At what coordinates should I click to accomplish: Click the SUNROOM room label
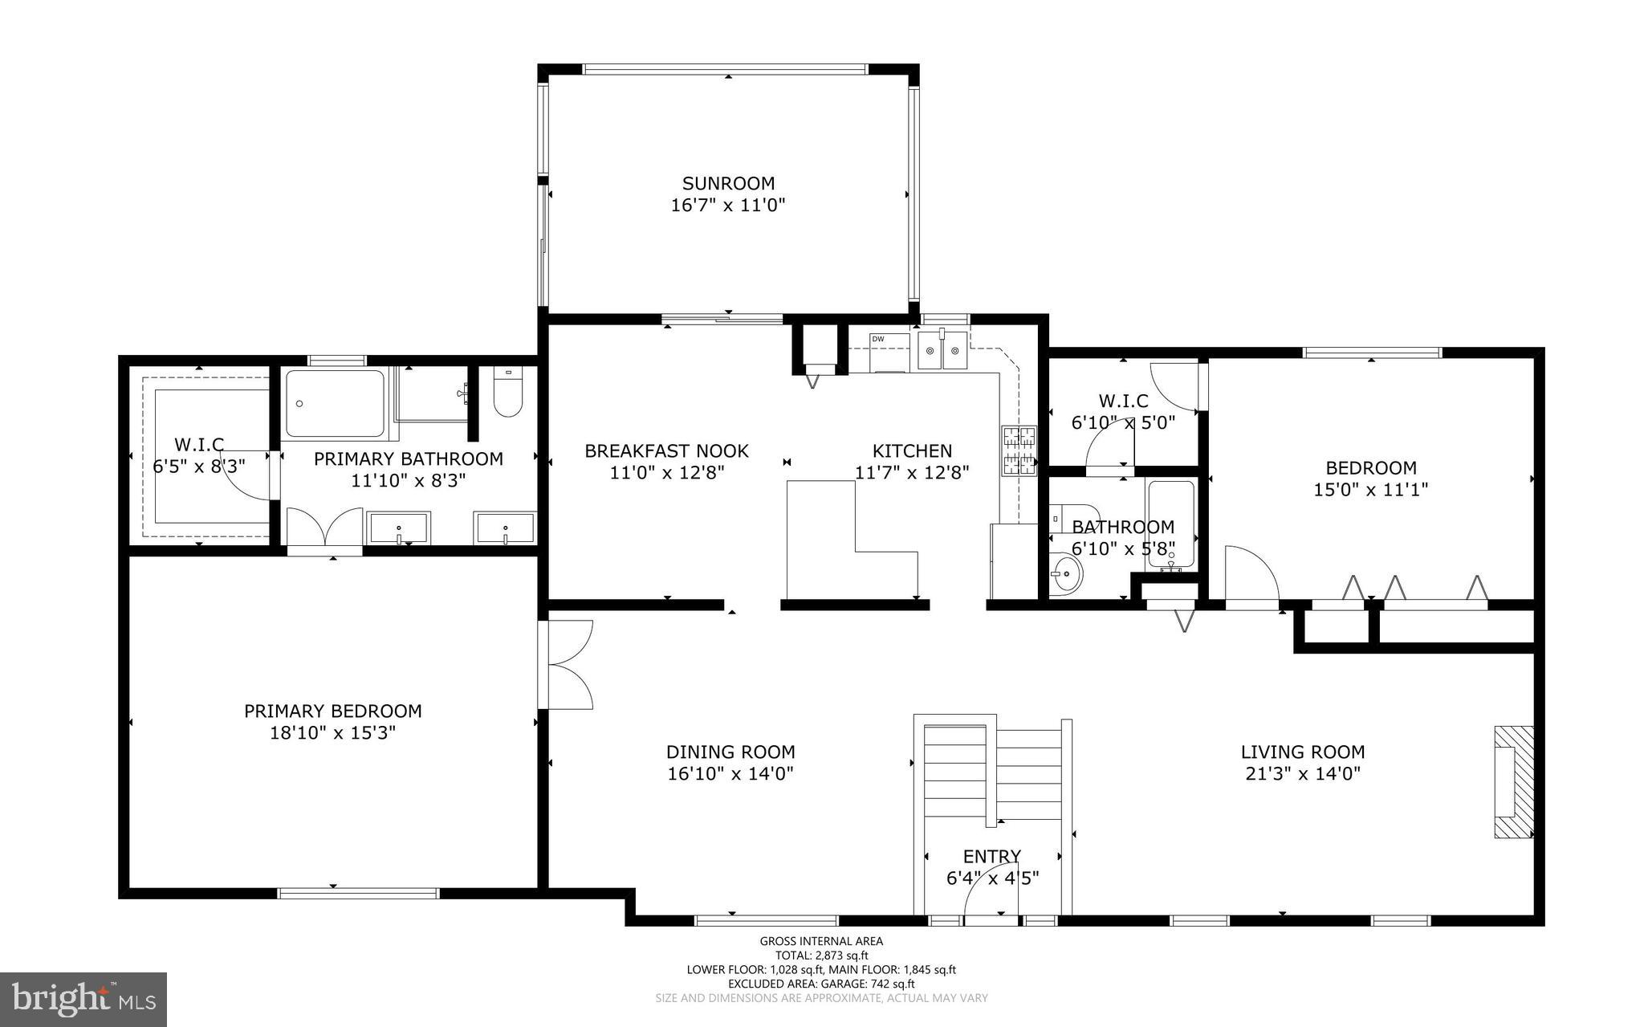click(728, 183)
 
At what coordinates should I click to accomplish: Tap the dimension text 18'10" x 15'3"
click(333, 732)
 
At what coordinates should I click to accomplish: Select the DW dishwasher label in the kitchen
click(878, 339)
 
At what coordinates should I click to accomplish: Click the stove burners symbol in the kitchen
click(1019, 451)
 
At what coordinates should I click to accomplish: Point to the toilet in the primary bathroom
click(507, 393)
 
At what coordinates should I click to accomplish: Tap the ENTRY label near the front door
click(992, 856)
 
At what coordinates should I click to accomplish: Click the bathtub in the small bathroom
click(1171, 524)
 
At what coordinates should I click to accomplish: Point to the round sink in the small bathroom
click(1066, 575)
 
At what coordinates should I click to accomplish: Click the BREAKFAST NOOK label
click(666, 451)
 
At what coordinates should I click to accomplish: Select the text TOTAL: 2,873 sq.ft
click(821, 956)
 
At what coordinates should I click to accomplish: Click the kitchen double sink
click(943, 352)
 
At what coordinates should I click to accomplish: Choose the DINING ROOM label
click(730, 752)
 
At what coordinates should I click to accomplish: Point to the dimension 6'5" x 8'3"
click(199, 465)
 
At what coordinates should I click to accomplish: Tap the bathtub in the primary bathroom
click(336, 403)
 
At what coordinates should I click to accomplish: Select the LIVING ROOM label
click(1303, 752)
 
